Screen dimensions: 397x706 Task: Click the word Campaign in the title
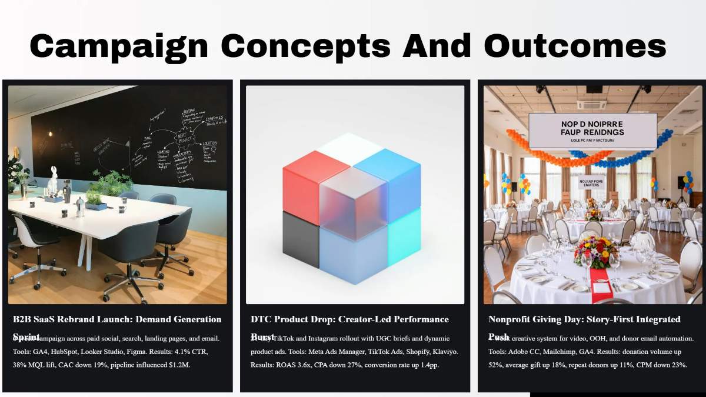click(119, 45)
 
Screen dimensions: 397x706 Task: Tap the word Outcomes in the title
click(575, 45)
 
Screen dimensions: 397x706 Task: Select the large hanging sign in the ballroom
click(592, 131)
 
